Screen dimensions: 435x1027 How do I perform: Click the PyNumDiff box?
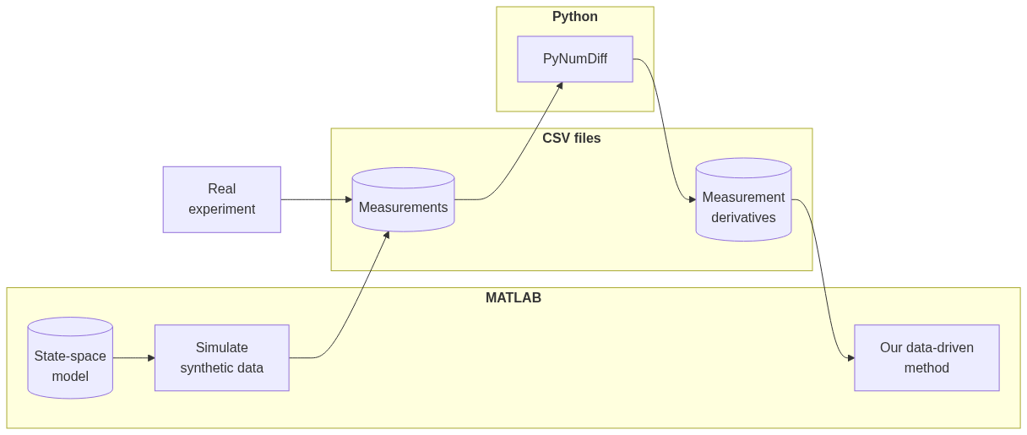574,59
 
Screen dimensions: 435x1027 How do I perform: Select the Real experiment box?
221,199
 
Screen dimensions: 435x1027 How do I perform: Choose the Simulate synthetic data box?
221,358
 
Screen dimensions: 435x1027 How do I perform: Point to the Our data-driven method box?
926,358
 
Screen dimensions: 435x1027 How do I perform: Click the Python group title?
574,17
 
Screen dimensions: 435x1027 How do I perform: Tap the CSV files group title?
571,139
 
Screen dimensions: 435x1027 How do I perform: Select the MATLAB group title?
513,298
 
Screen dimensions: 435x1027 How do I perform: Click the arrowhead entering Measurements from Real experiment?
348,199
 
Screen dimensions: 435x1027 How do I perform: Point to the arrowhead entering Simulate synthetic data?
151,358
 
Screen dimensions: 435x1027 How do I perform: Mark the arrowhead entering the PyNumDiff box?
559,85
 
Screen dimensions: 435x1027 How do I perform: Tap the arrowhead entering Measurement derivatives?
692,199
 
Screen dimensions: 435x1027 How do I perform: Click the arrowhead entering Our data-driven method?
850,358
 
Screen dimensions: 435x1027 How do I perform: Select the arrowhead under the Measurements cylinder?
387,235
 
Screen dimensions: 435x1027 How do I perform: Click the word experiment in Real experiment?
221,209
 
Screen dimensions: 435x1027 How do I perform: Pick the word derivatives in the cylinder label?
743,218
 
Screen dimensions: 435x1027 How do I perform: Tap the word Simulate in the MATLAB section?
221,348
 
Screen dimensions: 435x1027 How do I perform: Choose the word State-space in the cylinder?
70,356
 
